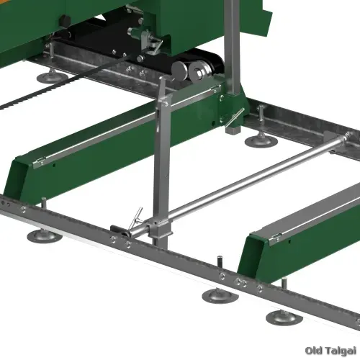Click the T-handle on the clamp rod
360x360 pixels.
click(135, 218)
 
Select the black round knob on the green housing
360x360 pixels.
click(65, 19)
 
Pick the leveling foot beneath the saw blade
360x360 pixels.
click(52, 77)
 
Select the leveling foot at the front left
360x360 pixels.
click(45, 236)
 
